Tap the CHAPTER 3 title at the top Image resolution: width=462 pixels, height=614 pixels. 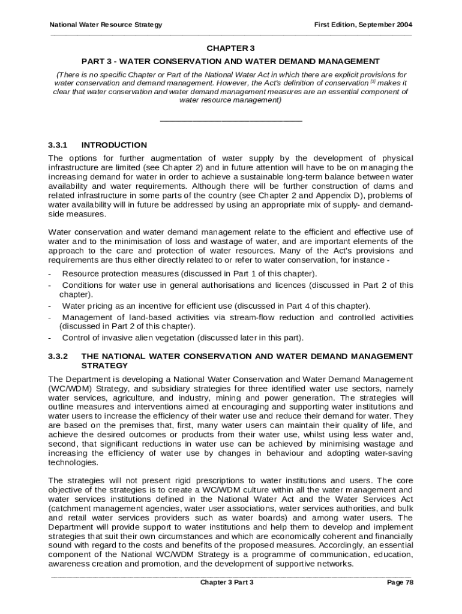click(x=231, y=48)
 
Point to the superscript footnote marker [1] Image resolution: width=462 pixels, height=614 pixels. click(x=373, y=82)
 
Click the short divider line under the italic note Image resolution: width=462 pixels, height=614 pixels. click(x=231, y=122)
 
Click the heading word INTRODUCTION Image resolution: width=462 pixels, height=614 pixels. click(x=114, y=145)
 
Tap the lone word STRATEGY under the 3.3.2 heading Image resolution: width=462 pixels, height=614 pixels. click(x=104, y=365)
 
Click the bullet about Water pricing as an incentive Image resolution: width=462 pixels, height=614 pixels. click(x=216, y=306)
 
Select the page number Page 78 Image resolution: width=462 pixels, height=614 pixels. click(x=400, y=582)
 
